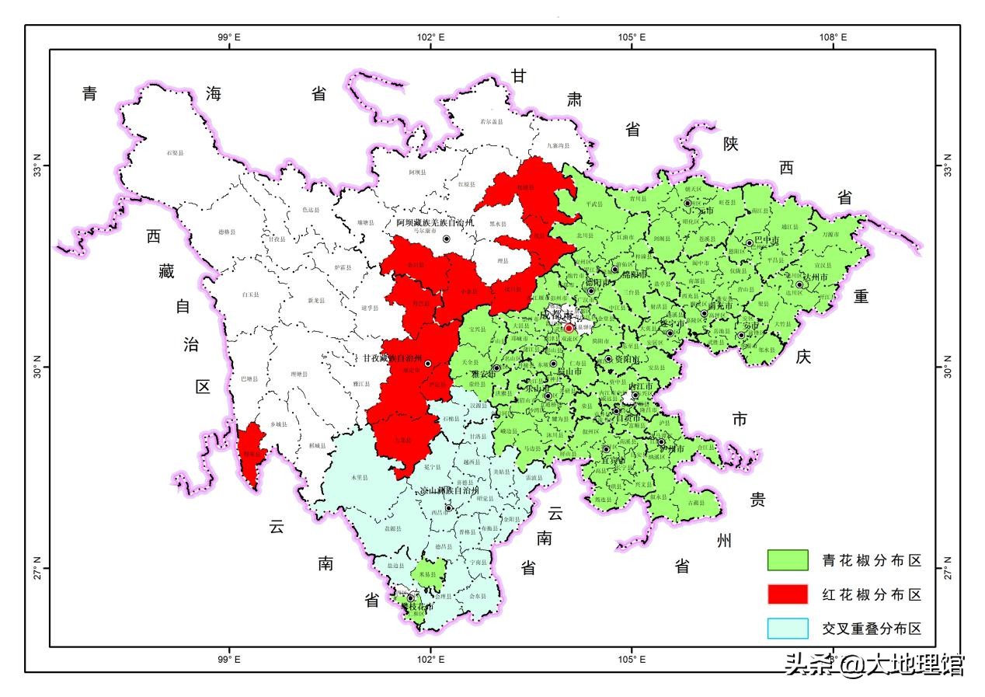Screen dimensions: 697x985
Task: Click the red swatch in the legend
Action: (788, 594)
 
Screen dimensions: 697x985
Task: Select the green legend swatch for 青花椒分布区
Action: (788, 559)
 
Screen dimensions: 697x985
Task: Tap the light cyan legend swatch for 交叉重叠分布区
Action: (788, 628)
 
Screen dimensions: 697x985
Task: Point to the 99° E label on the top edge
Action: (229, 37)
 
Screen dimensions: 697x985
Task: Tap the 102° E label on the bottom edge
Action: (431, 660)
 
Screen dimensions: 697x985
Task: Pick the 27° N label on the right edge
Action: (948, 568)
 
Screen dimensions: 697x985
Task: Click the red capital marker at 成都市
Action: (569, 329)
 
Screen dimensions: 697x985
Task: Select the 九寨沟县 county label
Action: (558, 145)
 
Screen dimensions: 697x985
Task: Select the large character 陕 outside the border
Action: (730, 144)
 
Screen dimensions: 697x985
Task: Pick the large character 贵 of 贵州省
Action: (757, 499)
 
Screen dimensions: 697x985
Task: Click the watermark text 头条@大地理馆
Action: (874, 664)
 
